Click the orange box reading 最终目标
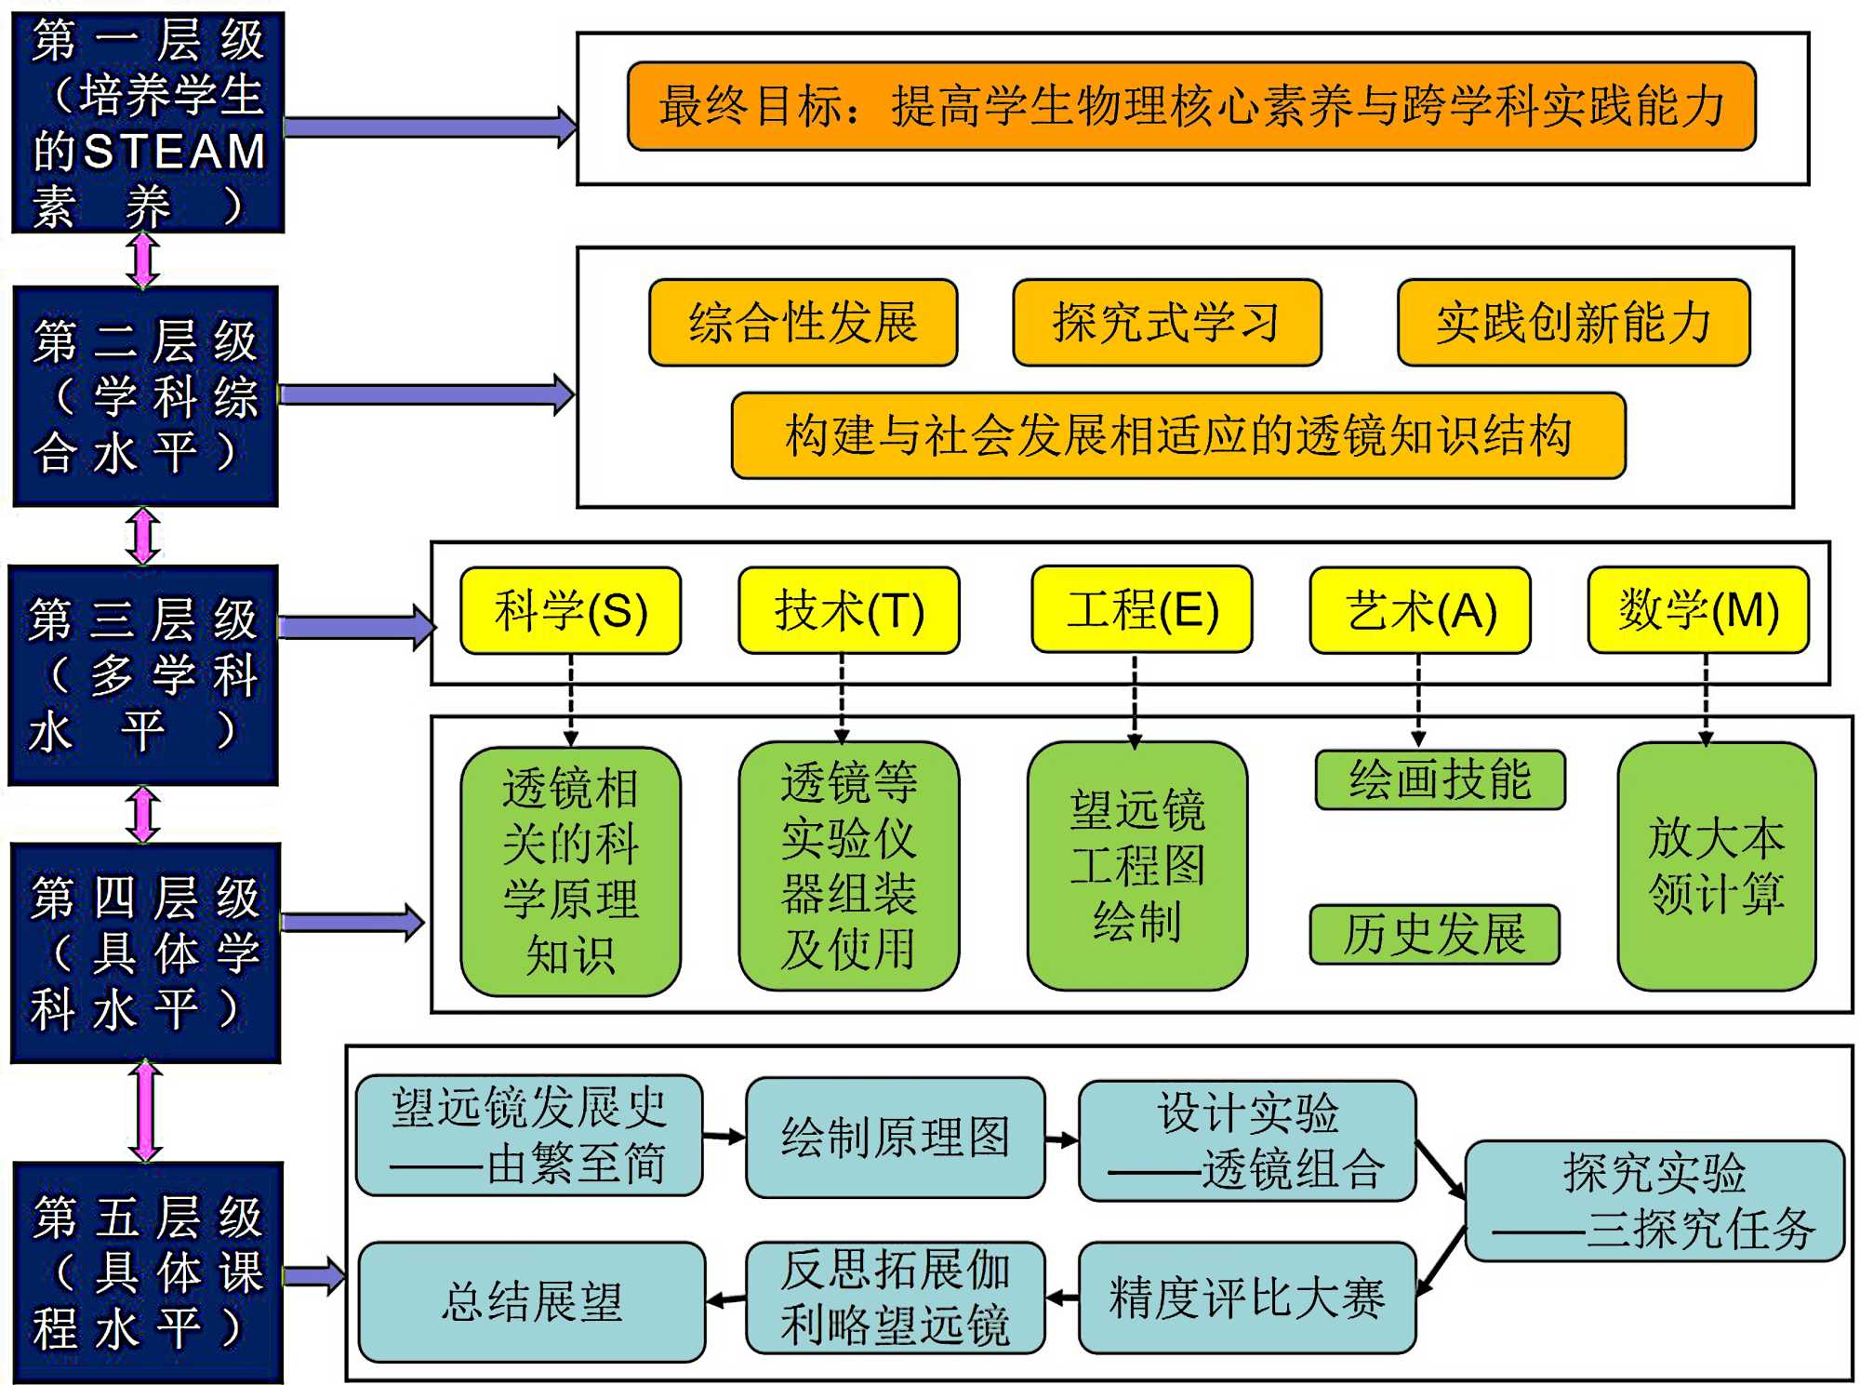pyautogui.click(x=1191, y=106)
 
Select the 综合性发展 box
pyautogui.click(x=803, y=323)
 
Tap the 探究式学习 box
pyautogui.click(x=1166, y=323)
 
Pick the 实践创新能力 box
pyautogui.click(x=1573, y=323)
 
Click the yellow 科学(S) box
pyautogui.click(x=571, y=611)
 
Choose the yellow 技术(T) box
pyautogui.click(x=848, y=611)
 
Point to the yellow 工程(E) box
pyautogui.click(x=1142, y=610)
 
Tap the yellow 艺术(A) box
pyautogui.click(x=1419, y=611)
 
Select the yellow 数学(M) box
pyautogui.click(x=1698, y=610)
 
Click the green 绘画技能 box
pyautogui.click(x=1440, y=779)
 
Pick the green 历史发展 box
pyautogui.click(x=1434, y=934)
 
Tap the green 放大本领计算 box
pyautogui.click(x=1716, y=866)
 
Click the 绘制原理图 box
pyautogui.click(x=895, y=1137)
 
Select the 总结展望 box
pyautogui.click(x=532, y=1301)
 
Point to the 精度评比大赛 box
pyautogui.click(x=1246, y=1298)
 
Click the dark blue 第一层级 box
pyautogui.click(x=148, y=122)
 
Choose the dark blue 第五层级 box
pyautogui.click(x=148, y=1272)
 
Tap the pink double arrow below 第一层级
pyautogui.click(x=143, y=259)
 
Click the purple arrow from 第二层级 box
pyautogui.click(x=426, y=394)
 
